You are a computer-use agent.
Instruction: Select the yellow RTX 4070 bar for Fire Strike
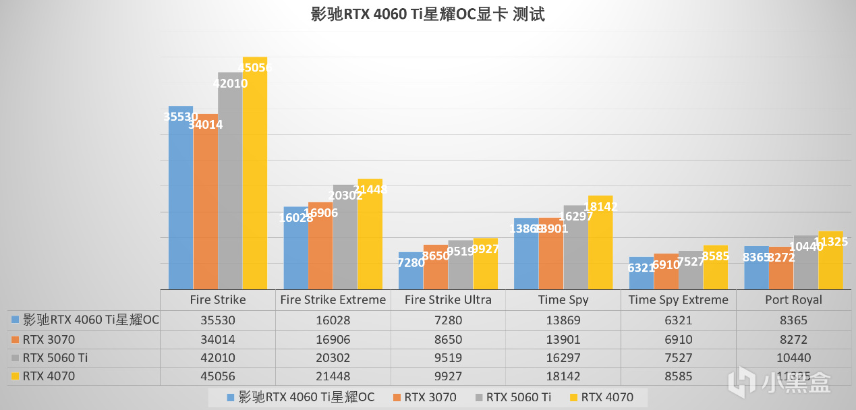(255, 175)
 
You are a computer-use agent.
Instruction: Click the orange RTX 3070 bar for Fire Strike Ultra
(436, 268)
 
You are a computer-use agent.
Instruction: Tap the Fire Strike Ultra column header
(448, 299)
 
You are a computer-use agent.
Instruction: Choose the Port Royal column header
(793, 299)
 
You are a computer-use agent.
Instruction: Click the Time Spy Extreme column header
(678, 299)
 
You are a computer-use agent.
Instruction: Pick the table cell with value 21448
(333, 376)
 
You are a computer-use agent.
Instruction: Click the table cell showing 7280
(448, 321)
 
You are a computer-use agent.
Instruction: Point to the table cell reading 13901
(563, 340)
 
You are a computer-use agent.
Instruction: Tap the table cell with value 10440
(793, 358)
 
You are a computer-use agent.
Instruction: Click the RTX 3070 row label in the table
(49, 340)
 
